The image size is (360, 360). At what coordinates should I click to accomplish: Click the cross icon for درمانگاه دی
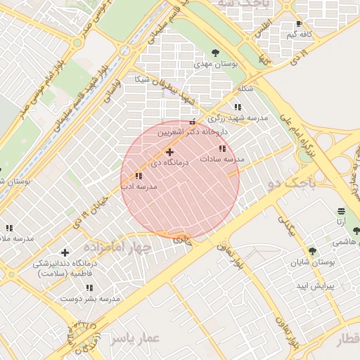tap(169, 152)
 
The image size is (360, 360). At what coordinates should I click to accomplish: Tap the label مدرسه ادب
tap(138, 187)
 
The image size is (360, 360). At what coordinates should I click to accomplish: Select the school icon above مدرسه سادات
tap(223, 148)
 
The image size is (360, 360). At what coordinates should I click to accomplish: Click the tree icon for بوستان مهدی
tap(215, 52)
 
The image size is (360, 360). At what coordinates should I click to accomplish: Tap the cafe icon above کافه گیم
tap(300, 24)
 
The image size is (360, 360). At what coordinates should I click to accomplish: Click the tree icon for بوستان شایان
tap(312, 251)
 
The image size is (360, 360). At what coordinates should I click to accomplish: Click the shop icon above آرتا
tap(341, 211)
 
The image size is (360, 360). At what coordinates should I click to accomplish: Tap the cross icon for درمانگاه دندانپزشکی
tap(65, 252)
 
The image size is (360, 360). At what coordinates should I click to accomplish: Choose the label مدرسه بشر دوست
tap(89, 299)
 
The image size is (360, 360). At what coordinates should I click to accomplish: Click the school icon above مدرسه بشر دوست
tap(89, 288)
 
